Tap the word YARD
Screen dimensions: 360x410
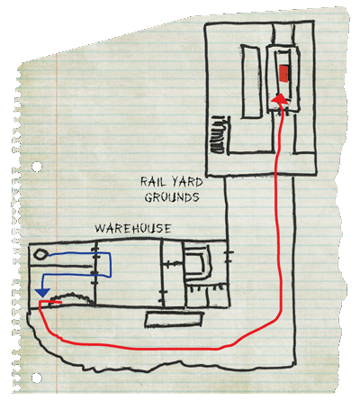point(187,182)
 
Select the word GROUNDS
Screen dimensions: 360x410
point(172,197)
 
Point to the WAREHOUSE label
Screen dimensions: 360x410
point(133,229)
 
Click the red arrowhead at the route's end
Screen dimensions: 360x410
point(280,99)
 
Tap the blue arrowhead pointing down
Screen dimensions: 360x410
point(42,293)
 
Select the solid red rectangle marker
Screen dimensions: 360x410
point(283,73)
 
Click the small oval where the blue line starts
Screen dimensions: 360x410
point(40,255)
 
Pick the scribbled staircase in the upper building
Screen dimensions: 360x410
point(219,134)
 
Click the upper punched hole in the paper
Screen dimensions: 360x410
point(37,167)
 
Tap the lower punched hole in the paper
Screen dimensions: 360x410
point(37,378)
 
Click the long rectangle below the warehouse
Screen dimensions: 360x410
point(174,319)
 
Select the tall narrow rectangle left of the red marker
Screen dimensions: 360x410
point(251,81)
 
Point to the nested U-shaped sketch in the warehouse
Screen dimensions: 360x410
point(198,262)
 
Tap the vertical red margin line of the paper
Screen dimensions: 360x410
point(57,225)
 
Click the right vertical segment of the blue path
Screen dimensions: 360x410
point(111,265)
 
